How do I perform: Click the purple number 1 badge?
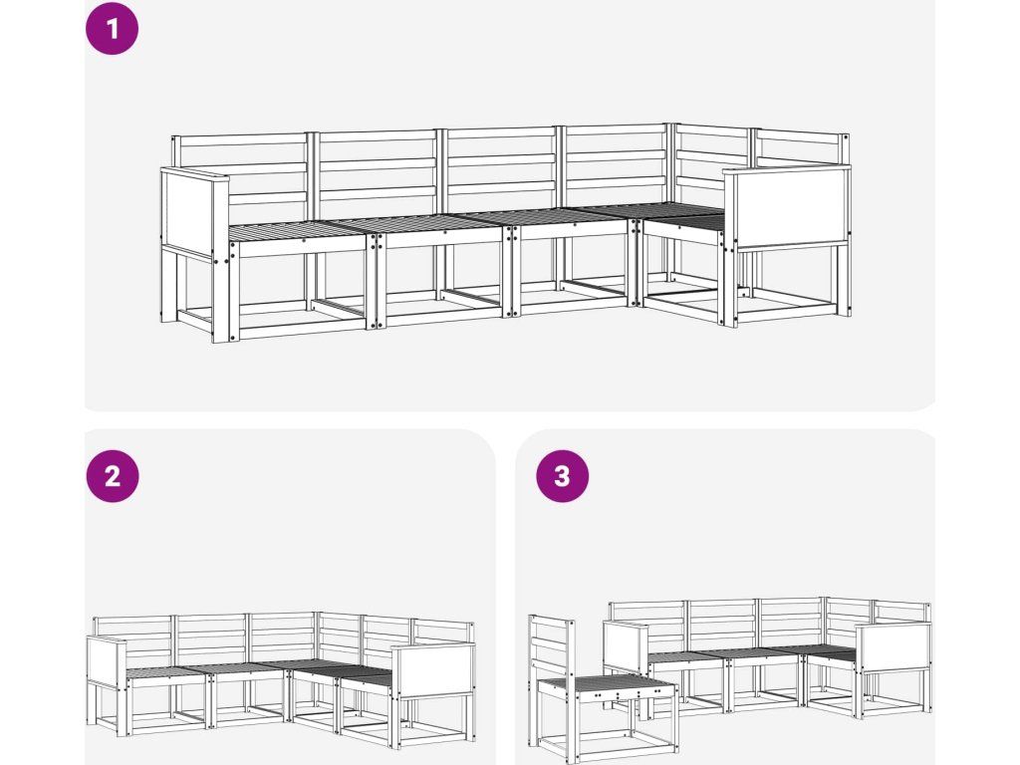click(112, 28)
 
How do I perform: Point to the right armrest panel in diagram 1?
click(786, 207)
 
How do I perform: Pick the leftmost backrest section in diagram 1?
click(241, 175)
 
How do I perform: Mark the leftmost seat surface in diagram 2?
click(166, 672)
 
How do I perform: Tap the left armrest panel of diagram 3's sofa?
click(626, 647)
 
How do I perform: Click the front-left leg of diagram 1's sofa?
click(221, 292)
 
